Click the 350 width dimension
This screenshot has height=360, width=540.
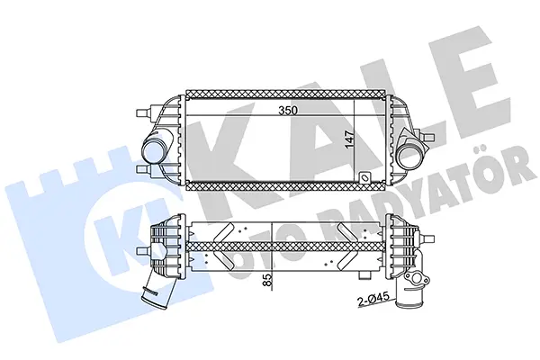point(288,110)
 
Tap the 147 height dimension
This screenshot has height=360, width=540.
point(349,139)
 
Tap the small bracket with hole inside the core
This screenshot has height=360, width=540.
point(364,177)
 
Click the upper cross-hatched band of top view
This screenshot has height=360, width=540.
point(285,94)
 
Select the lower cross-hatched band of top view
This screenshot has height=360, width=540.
point(285,186)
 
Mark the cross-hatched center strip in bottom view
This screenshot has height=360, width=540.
point(285,247)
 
